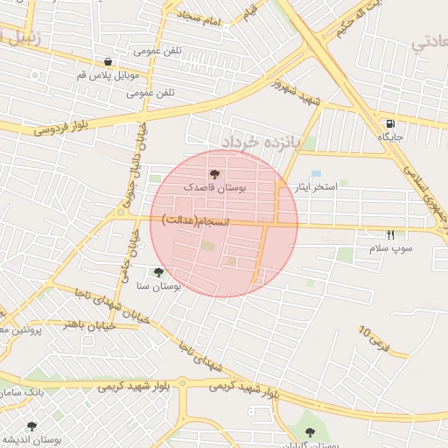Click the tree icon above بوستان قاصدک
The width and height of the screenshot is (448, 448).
215,175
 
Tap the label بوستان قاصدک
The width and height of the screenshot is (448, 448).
215,188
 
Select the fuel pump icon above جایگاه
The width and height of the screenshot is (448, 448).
389,123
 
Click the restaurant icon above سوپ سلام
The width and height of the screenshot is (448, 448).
390,234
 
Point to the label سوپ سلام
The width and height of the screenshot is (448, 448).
390,249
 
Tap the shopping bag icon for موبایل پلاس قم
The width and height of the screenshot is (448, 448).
107,62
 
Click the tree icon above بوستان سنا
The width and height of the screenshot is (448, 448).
158,272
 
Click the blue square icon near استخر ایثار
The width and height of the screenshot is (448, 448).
316,174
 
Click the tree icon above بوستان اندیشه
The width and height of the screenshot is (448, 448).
31,425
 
